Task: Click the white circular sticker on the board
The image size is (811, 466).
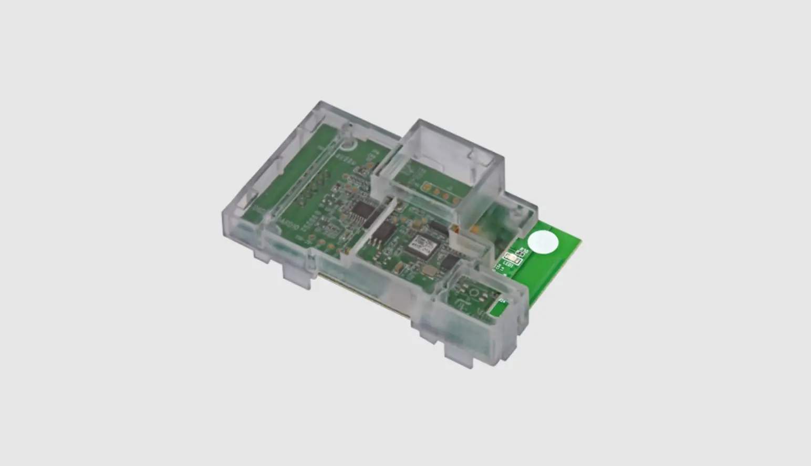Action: tap(543, 242)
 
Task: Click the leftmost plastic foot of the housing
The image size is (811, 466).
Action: tap(262, 256)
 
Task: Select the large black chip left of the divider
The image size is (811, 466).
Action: tap(363, 210)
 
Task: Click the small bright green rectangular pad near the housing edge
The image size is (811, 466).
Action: tap(496, 309)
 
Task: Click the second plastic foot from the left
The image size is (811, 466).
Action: tap(297, 276)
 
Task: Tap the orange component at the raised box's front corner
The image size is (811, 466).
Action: tap(455, 229)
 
